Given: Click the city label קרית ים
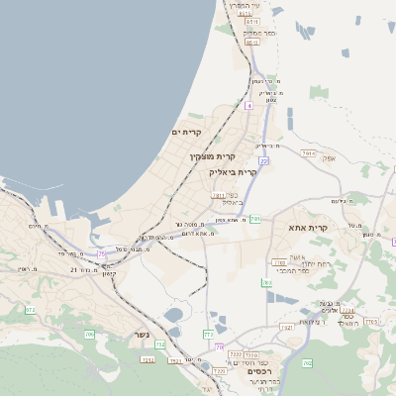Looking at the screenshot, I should (186, 132).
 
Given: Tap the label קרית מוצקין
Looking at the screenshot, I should (210, 155).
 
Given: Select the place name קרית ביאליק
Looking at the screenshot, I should (233, 171).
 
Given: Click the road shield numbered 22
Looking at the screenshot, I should (264, 159).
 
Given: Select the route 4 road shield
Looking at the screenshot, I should (249, 104).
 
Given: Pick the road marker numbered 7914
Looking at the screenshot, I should (309, 153).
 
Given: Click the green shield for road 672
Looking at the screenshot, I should (30, 310).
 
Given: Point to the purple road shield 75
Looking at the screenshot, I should (101, 253).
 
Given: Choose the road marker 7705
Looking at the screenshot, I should (372, 321).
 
